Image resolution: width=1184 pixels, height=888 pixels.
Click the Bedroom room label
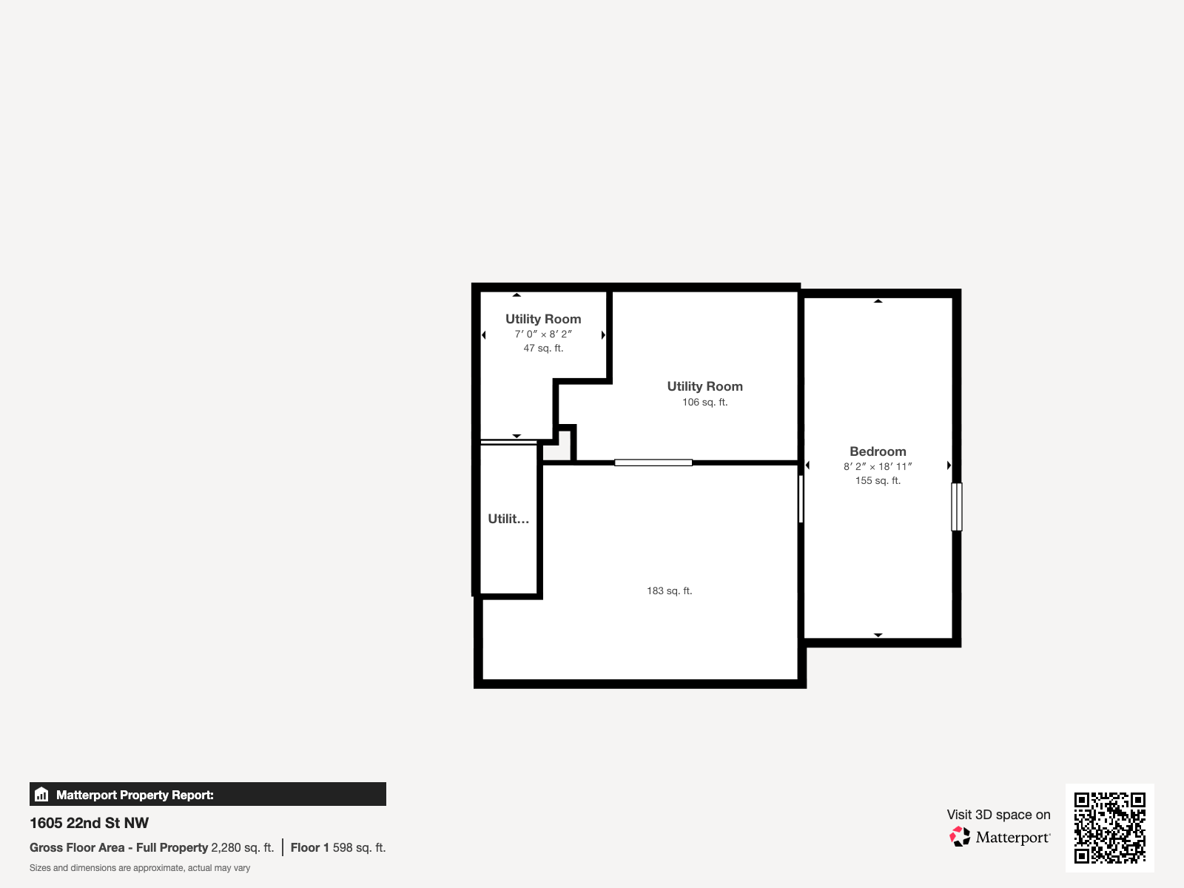pyautogui.click(x=878, y=451)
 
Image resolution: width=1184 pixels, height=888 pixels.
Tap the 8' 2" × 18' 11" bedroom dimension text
pyautogui.click(x=878, y=467)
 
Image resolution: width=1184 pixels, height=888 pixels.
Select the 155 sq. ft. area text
pyautogui.click(x=878, y=481)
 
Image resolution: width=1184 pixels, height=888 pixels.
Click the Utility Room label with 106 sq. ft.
pyautogui.click(x=704, y=386)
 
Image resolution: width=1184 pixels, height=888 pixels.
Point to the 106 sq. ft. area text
pyautogui.click(x=704, y=403)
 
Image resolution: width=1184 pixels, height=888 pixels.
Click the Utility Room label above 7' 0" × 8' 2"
pyautogui.click(x=543, y=319)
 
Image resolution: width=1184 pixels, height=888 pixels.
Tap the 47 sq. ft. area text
pyautogui.click(x=543, y=349)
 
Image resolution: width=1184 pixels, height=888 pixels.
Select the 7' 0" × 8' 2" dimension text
pyautogui.click(x=543, y=334)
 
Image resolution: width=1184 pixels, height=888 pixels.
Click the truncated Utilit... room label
pyautogui.click(x=508, y=519)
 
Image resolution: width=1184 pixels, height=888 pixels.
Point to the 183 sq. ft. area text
pyautogui.click(x=669, y=591)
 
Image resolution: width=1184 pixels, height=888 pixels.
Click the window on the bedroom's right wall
pyautogui.click(x=956, y=507)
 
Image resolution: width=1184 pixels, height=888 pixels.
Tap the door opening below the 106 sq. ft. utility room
pyautogui.click(x=653, y=462)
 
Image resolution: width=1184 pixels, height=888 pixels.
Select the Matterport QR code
pyautogui.click(x=1109, y=828)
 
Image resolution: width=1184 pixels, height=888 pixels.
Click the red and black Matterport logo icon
pyautogui.click(x=960, y=837)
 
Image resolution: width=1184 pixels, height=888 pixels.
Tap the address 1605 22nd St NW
pyautogui.click(x=89, y=823)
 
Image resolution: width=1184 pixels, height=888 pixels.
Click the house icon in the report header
pyautogui.click(x=41, y=795)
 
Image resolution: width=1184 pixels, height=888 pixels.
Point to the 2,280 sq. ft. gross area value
pyautogui.click(x=242, y=848)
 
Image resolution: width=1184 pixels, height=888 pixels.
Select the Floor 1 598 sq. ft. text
pyautogui.click(x=338, y=848)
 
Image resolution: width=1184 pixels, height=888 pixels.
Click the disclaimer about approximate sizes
pyautogui.click(x=140, y=868)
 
